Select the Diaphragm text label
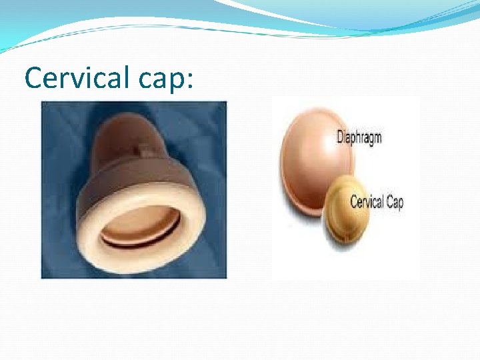(359, 139)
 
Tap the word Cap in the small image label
(394, 202)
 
